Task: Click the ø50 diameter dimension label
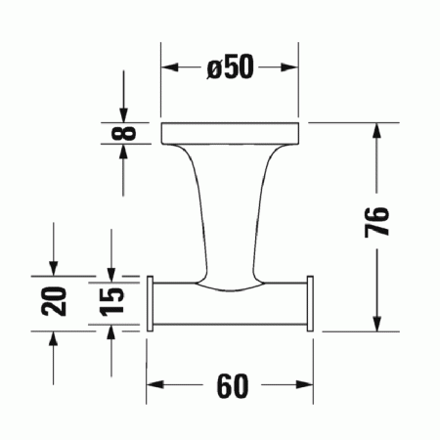coord(230,67)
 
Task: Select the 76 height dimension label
coord(381,223)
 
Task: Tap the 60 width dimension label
coord(230,386)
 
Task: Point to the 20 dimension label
coord(56,300)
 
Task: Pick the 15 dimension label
coord(112,300)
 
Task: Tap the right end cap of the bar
coord(309,304)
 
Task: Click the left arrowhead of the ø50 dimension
coord(168,67)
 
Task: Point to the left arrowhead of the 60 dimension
coord(154,386)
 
